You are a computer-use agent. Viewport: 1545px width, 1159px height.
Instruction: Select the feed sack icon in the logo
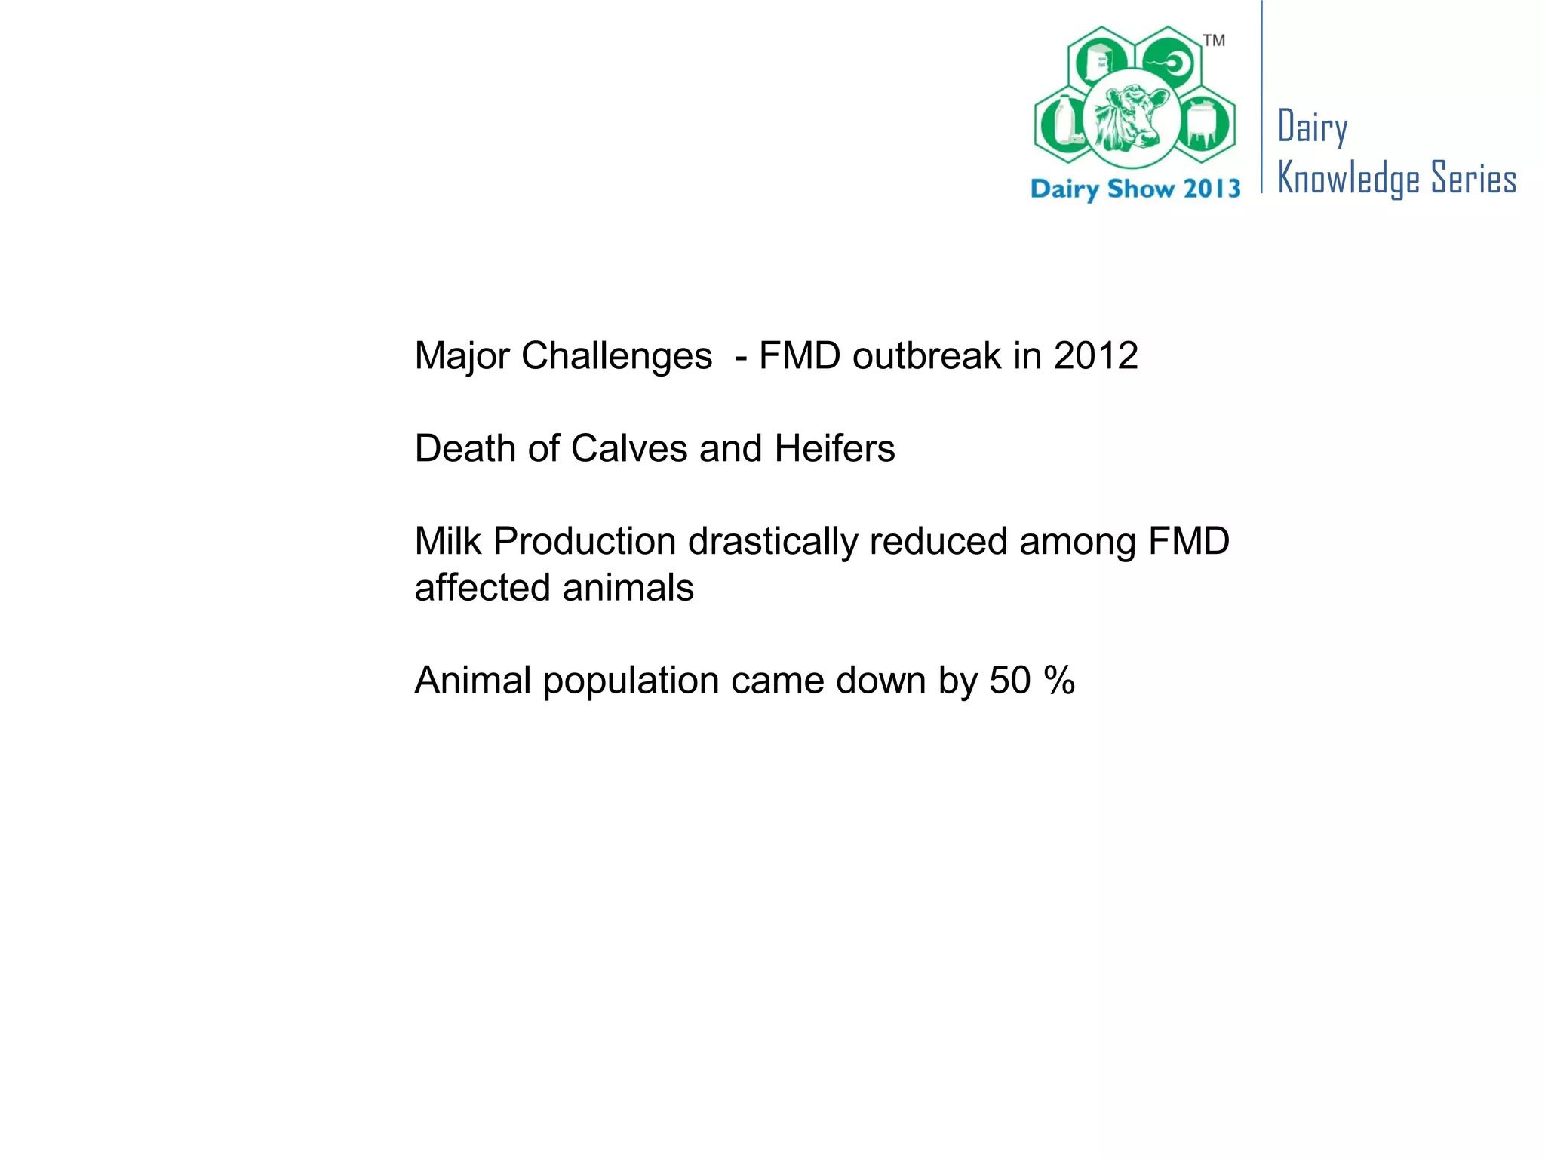tap(1101, 60)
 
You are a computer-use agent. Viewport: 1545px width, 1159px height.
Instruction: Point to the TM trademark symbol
tap(1214, 41)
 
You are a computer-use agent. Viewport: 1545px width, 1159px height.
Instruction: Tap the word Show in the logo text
tap(1140, 188)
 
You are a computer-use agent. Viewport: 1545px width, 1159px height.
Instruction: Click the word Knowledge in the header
tap(1349, 180)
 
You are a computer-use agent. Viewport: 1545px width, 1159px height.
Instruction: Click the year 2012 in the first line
tap(1095, 355)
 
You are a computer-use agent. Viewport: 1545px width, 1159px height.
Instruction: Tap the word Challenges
tap(616, 355)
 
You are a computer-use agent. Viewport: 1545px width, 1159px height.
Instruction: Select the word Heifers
tap(834, 448)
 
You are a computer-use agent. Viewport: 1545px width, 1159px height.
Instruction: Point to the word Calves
tap(629, 448)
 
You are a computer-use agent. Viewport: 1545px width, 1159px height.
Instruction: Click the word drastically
tap(772, 541)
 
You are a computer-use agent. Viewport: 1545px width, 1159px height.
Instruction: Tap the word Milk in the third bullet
tap(448, 541)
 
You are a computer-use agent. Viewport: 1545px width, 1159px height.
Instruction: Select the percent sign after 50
tap(1059, 680)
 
